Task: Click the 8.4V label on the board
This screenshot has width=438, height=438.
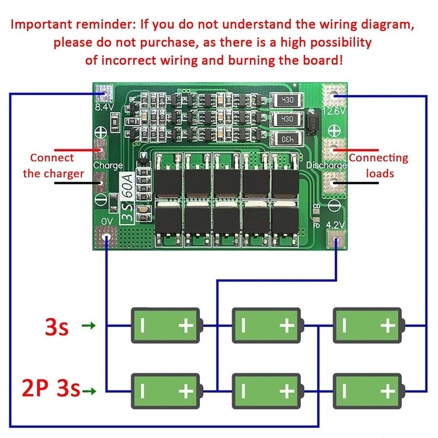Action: [x=104, y=107]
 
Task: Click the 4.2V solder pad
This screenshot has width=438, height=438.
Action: [x=336, y=239]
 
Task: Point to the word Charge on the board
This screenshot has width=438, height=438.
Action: [x=108, y=165]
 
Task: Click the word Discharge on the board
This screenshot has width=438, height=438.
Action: [x=326, y=165]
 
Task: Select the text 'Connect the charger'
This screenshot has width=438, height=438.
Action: [x=53, y=166]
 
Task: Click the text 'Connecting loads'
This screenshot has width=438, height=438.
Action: [x=379, y=166]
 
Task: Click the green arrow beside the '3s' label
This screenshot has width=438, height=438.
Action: [x=89, y=326]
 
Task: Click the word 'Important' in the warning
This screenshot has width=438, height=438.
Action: [x=42, y=24]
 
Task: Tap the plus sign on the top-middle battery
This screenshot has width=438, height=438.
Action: [x=287, y=326]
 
